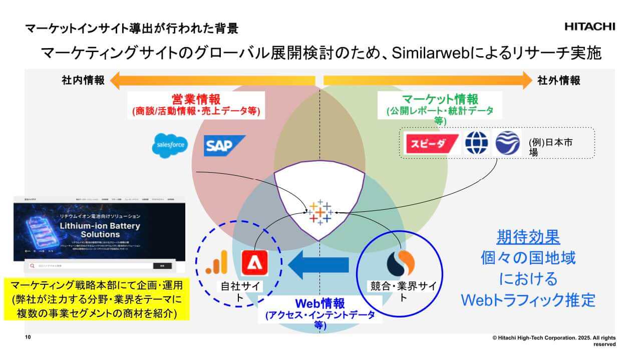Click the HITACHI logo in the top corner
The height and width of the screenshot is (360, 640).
[x=590, y=27]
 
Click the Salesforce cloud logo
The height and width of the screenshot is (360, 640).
[x=170, y=145]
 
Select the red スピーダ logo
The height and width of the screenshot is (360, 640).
[x=431, y=144]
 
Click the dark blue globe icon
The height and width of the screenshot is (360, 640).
[x=476, y=143]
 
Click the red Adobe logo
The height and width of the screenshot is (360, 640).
[x=255, y=263]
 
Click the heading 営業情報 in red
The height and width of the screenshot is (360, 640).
[x=196, y=99]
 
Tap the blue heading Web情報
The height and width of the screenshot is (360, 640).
[x=319, y=303]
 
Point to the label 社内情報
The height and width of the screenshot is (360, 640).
[x=83, y=80]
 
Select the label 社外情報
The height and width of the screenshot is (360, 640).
[x=559, y=80]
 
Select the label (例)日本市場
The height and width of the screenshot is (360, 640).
[x=550, y=147]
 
